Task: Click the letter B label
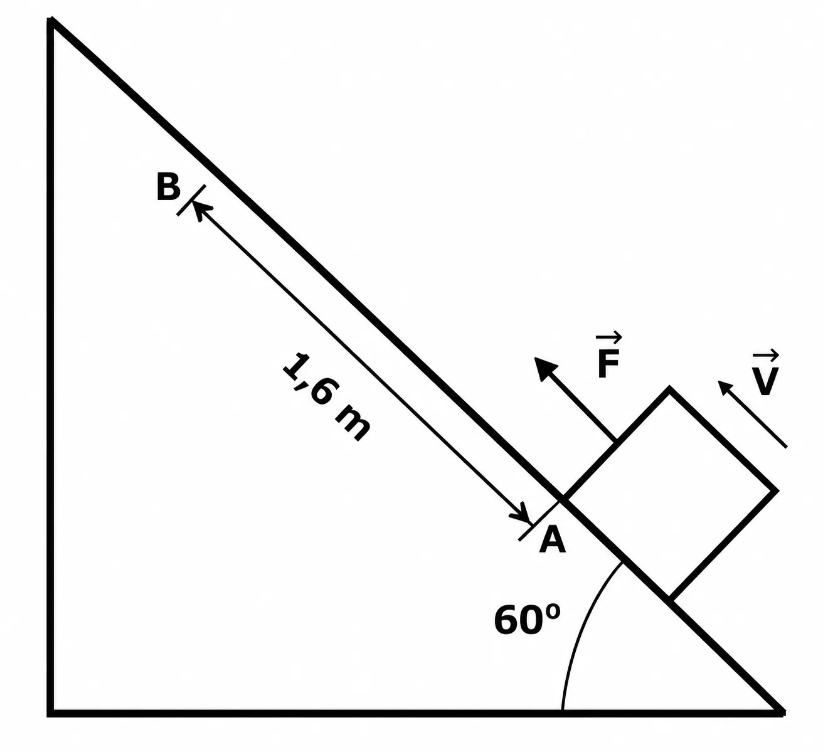pos(168,187)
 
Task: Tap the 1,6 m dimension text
pos(326,397)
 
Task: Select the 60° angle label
pos(527,620)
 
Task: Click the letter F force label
pos(608,364)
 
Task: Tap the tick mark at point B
pos(191,200)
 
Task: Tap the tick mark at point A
pos(540,520)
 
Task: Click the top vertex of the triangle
pos(51,19)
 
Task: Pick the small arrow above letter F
pos(609,338)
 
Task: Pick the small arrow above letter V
pos(765,356)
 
